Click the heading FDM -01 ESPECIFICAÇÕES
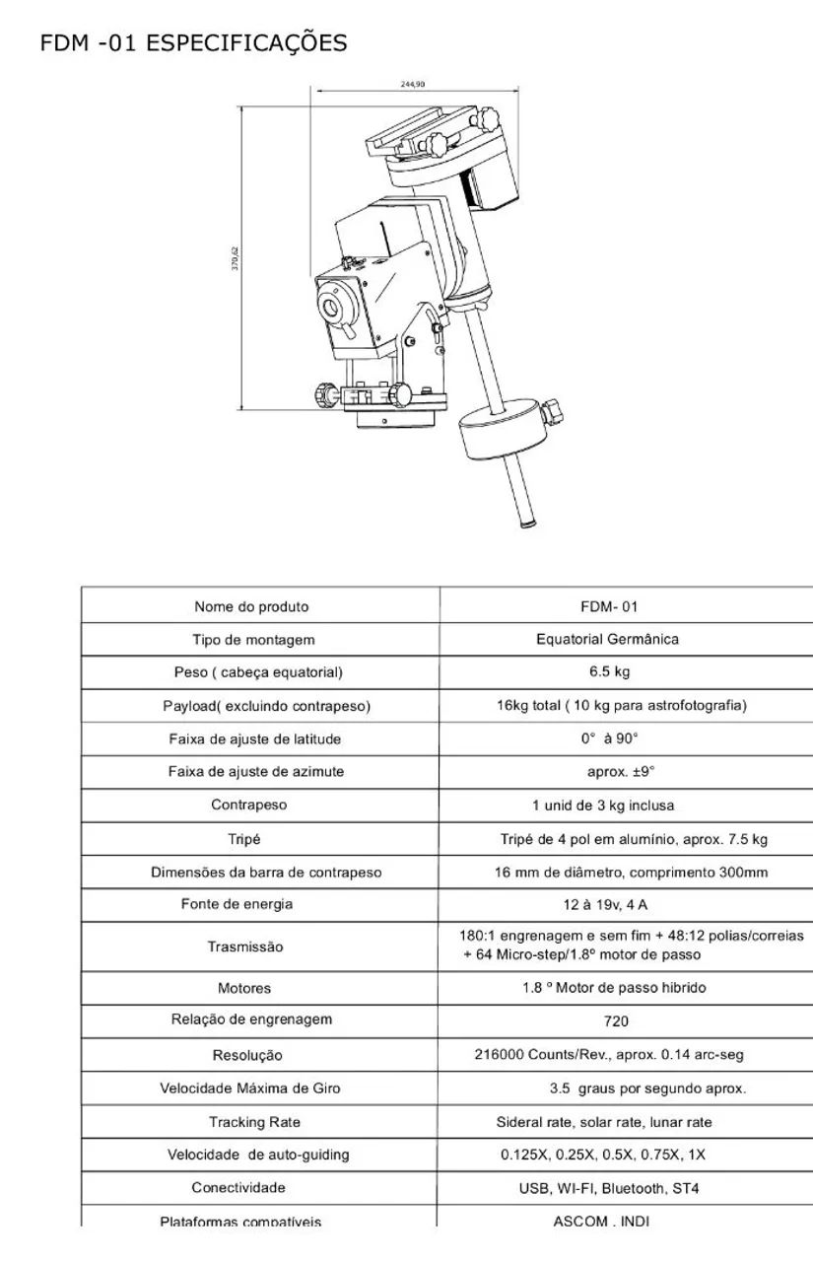193,43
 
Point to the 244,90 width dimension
413,84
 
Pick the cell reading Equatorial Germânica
607,639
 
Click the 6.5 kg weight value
609,671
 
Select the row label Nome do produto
251,606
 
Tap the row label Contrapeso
249,805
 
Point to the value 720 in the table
615,1021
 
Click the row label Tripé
243,839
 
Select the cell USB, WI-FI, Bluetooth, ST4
609,1188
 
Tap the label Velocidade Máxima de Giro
250,1088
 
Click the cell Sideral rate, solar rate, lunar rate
603,1122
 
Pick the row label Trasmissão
245,946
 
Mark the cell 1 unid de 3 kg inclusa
603,806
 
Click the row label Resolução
247,1055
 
